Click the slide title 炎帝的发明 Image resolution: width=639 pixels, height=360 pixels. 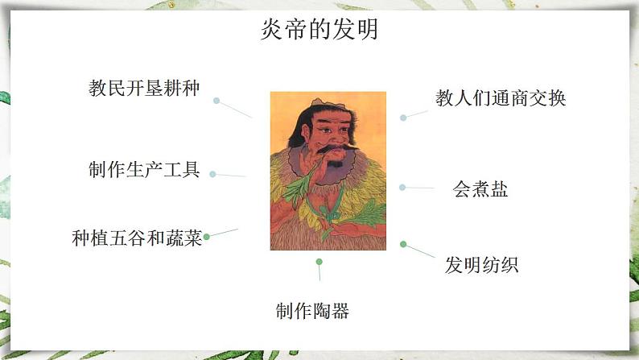319,29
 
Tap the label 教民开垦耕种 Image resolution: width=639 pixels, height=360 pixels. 144,88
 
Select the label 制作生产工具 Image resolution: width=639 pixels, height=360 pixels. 144,170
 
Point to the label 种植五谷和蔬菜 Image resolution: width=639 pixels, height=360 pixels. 137,238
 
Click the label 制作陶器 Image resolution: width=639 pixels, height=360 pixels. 312,311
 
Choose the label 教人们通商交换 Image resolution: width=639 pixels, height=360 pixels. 501,98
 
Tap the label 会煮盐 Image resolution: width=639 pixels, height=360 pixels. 480,189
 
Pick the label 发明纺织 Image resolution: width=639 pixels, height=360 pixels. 482,265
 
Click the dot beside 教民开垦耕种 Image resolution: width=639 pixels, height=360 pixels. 216,101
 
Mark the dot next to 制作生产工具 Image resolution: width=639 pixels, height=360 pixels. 212,174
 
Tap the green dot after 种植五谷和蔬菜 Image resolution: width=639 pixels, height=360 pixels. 207,237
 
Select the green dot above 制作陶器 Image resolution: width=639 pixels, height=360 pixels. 319,262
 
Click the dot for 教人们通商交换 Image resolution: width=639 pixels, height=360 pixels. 403,118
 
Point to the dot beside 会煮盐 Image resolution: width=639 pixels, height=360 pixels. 402,188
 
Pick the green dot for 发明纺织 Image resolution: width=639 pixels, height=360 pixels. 403,244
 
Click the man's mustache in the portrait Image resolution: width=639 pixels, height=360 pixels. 336,147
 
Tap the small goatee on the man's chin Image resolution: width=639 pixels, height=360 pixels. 336,164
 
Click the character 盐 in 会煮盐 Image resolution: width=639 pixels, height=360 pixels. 499,189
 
